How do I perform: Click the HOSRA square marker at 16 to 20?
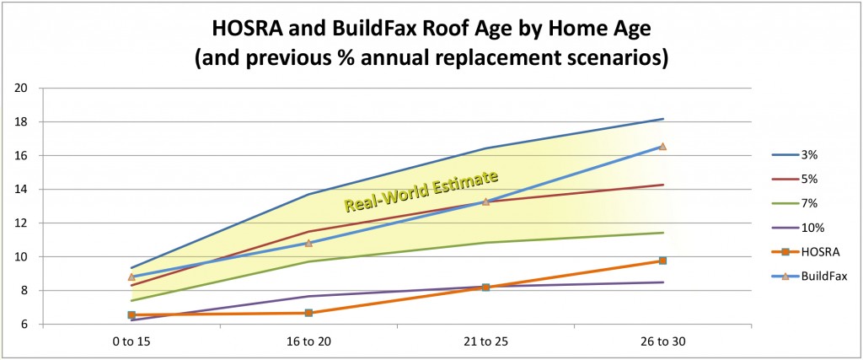308,313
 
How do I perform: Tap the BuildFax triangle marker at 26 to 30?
662,146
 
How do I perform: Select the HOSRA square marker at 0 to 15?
131,314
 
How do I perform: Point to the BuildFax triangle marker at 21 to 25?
485,201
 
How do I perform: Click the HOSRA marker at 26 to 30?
662,261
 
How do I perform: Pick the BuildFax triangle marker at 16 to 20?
308,243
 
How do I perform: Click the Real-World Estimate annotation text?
421,191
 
